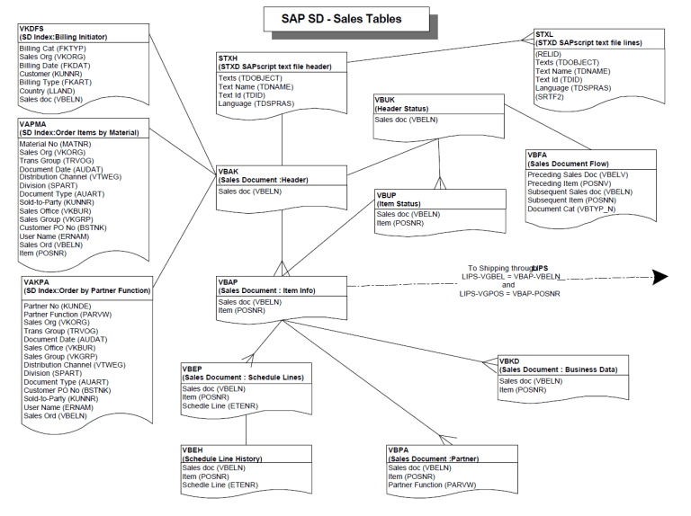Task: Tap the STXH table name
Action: [229, 58]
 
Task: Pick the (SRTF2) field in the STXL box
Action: [551, 97]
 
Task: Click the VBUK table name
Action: [388, 99]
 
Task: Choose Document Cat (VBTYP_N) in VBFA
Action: [570, 209]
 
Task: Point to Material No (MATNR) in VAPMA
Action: [55, 144]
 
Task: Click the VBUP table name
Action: [389, 194]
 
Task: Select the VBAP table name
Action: [229, 281]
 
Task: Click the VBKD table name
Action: [510, 360]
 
